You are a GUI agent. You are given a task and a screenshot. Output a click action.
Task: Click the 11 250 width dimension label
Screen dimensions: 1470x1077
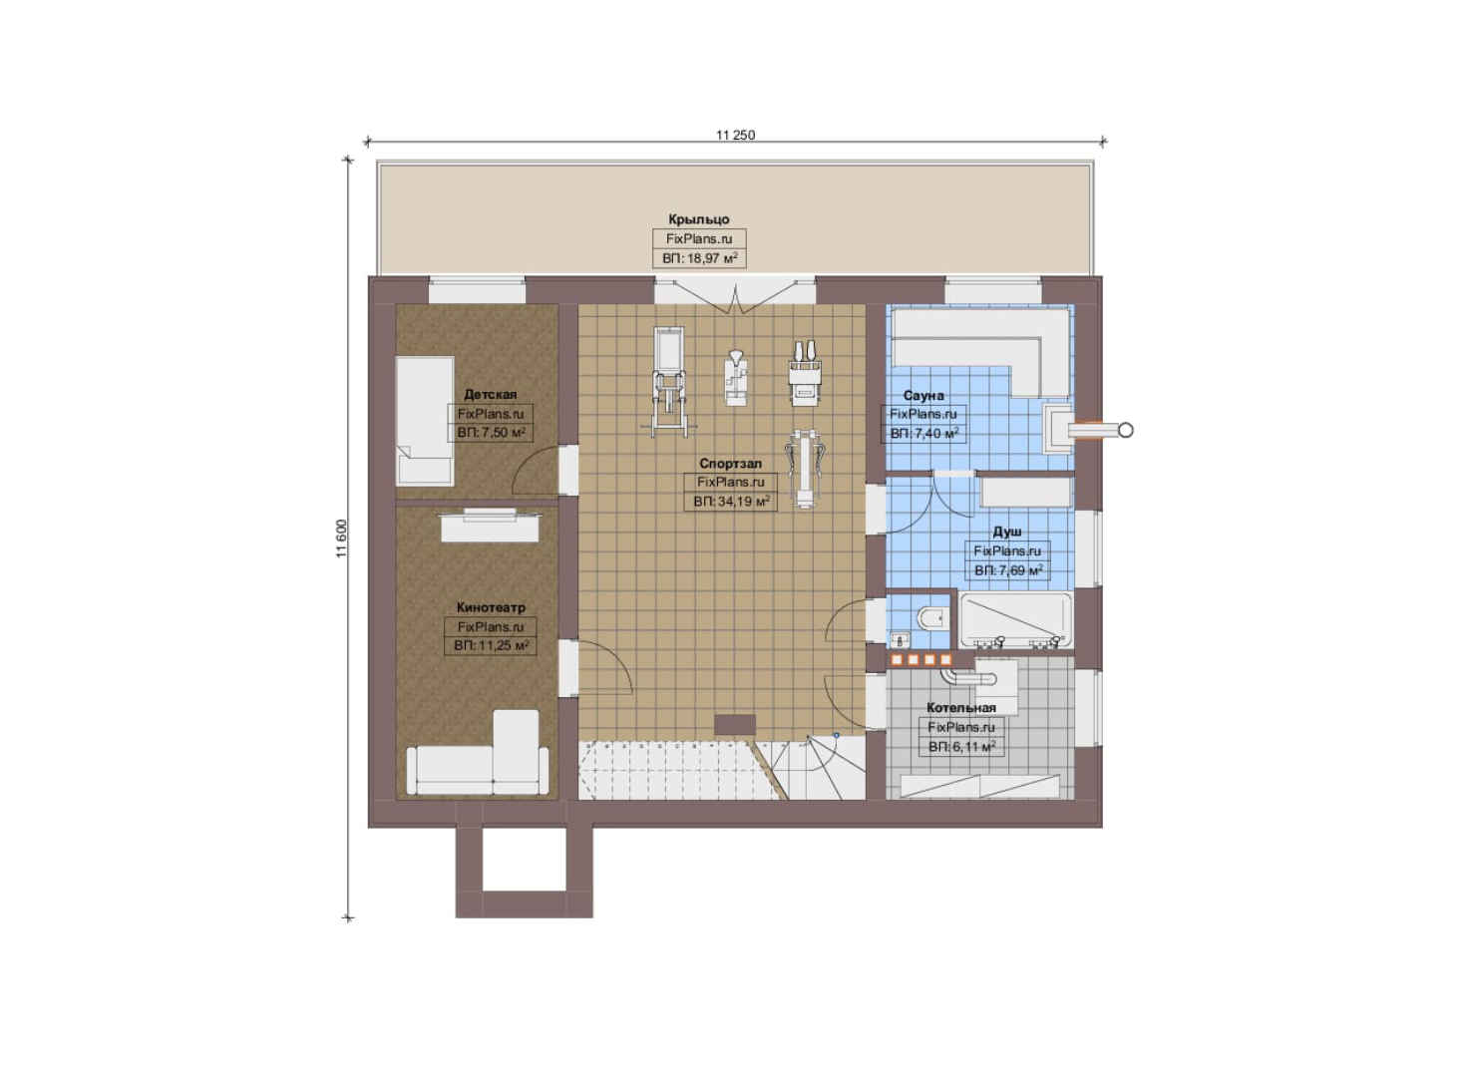(735, 136)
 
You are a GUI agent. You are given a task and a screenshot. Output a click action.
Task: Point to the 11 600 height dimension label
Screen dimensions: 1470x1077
(341, 538)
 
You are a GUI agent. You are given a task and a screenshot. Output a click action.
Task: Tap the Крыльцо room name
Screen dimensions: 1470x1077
(699, 219)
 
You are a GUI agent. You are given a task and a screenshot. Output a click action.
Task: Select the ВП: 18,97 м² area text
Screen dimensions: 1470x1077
(699, 258)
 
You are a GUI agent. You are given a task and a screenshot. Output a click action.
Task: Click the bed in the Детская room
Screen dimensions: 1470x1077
(425, 421)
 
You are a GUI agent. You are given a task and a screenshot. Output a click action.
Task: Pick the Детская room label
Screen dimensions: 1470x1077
(491, 395)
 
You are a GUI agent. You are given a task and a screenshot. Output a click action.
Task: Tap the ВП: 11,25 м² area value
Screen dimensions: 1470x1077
(491, 646)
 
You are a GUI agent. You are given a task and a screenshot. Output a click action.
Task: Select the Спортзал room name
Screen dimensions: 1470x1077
(730, 464)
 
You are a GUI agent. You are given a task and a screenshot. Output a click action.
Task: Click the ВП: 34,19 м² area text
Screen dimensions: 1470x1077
(731, 502)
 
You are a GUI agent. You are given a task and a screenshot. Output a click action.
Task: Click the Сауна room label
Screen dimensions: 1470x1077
(923, 395)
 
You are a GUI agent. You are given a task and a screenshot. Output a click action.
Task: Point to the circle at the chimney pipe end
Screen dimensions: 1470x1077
(1126, 431)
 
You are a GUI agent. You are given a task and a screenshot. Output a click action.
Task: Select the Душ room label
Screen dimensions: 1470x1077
(1006, 532)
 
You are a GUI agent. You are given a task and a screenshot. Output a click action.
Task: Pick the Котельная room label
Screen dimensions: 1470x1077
(960, 707)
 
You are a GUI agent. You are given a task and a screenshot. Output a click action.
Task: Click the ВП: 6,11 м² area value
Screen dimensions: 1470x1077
(961, 747)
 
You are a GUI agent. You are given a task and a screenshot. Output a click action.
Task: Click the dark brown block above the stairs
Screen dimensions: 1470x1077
(735, 725)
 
